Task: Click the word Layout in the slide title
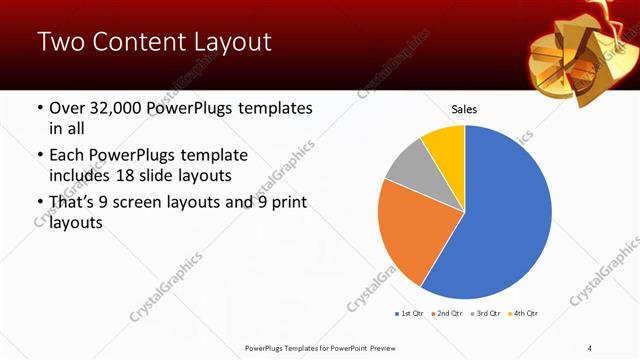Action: click(227, 43)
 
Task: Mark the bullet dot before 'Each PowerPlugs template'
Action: click(39, 156)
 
